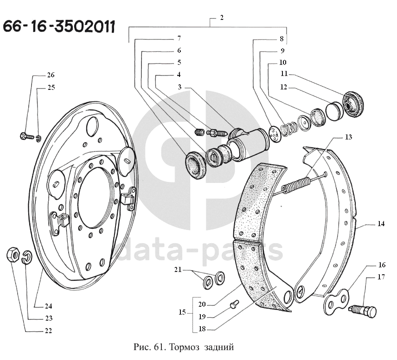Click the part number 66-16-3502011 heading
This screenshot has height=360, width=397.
(59, 26)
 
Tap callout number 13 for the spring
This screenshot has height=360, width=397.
(348, 137)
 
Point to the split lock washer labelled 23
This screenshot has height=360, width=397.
(27, 257)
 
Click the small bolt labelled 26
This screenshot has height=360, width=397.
(27, 136)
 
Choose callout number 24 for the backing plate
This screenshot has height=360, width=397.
(48, 306)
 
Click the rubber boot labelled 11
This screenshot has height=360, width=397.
(353, 104)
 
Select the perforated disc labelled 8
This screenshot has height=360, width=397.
(275, 134)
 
